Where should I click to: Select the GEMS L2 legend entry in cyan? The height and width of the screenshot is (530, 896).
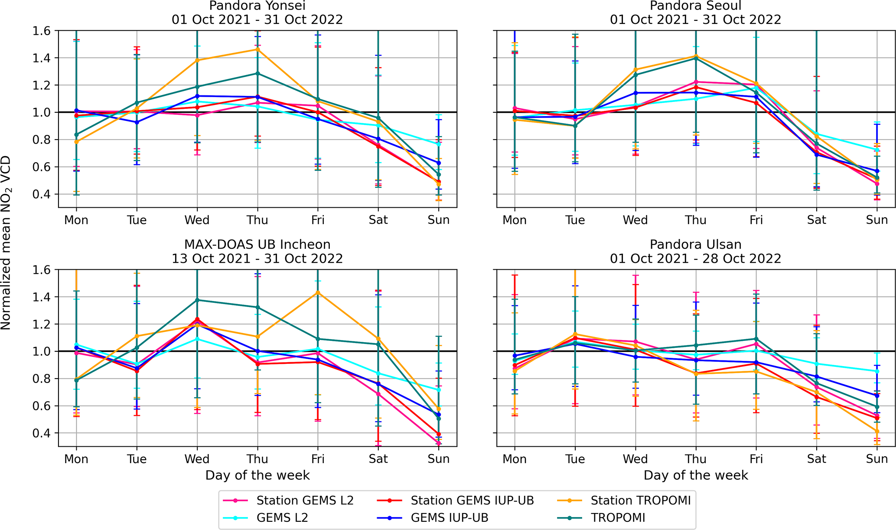[282, 518]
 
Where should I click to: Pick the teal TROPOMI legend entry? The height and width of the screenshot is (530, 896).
[618, 518]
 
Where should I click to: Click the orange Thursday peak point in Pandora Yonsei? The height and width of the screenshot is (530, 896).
[257, 49]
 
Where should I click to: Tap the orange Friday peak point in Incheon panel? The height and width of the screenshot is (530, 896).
[318, 292]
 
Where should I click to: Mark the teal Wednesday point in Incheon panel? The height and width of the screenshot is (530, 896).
[197, 300]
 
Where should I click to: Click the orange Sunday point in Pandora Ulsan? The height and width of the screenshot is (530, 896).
[877, 431]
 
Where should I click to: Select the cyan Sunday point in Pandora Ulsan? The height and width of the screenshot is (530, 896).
[877, 371]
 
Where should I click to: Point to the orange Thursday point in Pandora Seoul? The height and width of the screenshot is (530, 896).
[696, 56]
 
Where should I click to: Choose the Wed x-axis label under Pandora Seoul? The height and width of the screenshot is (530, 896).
[635, 220]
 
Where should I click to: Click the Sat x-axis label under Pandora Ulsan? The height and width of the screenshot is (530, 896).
[816, 459]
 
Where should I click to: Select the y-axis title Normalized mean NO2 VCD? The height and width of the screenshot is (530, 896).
[6, 243]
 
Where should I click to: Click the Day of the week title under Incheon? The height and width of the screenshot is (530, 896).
[257, 475]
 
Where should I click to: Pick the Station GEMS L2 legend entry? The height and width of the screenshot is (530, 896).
[305, 501]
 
